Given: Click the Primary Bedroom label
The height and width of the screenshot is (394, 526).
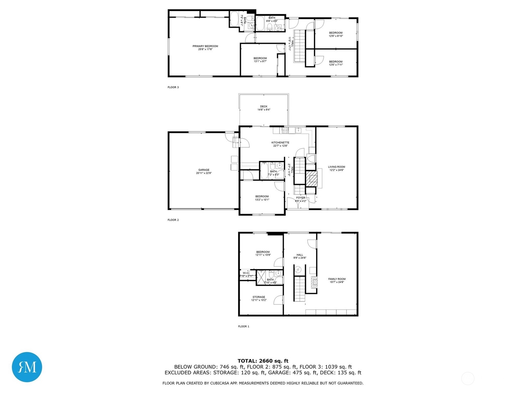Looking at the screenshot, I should click(205, 46).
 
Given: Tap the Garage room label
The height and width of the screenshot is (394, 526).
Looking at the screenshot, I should click(204, 170).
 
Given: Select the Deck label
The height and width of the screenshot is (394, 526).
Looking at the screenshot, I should click(264, 106).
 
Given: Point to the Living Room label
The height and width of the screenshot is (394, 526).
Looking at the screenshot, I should click(337, 167).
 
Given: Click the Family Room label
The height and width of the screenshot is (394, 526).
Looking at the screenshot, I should click(337, 279).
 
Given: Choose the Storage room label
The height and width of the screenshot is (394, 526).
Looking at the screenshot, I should click(259, 297).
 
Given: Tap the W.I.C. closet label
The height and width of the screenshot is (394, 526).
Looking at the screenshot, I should click(246, 273).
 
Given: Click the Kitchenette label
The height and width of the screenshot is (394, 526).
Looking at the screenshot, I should click(280, 142).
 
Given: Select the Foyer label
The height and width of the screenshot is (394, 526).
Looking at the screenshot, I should click(300, 198).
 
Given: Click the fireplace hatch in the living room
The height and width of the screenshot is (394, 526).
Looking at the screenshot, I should click(312, 179).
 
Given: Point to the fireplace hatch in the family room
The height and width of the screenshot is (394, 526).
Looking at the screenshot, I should click(315, 282).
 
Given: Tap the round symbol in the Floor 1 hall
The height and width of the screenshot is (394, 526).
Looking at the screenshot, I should click(298, 270).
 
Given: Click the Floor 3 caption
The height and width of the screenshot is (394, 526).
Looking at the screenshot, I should click(173, 87).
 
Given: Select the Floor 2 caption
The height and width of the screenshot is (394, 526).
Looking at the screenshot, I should click(173, 220).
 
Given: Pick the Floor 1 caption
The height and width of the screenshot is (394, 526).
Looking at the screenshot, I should click(244, 326).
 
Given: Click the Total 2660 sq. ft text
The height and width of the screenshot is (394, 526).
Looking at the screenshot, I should click(263, 361).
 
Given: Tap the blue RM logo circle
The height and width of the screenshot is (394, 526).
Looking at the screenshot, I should click(27, 367).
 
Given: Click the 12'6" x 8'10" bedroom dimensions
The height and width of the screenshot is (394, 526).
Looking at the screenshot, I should click(336, 36).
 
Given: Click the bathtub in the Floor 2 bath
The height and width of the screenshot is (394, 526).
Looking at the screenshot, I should click(264, 171).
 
